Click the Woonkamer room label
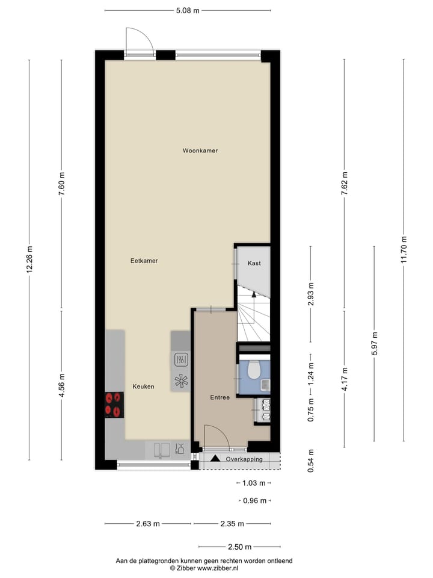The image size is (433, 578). (x=200, y=151)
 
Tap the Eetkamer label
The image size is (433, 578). (x=144, y=261)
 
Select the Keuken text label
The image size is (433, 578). (x=143, y=387)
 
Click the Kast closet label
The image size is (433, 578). (x=254, y=263)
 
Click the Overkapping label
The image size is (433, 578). (x=244, y=459)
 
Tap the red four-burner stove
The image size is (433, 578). (x=114, y=405)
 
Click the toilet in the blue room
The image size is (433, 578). (x=253, y=368)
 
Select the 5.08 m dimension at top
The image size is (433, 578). (x=187, y=10)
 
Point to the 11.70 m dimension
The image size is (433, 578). (x=404, y=248)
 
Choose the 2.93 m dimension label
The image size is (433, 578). (x=310, y=294)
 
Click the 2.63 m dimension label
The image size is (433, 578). (x=148, y=523)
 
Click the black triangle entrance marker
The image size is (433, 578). (x=215, y=459)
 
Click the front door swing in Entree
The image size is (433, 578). (x=216, y=437)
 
